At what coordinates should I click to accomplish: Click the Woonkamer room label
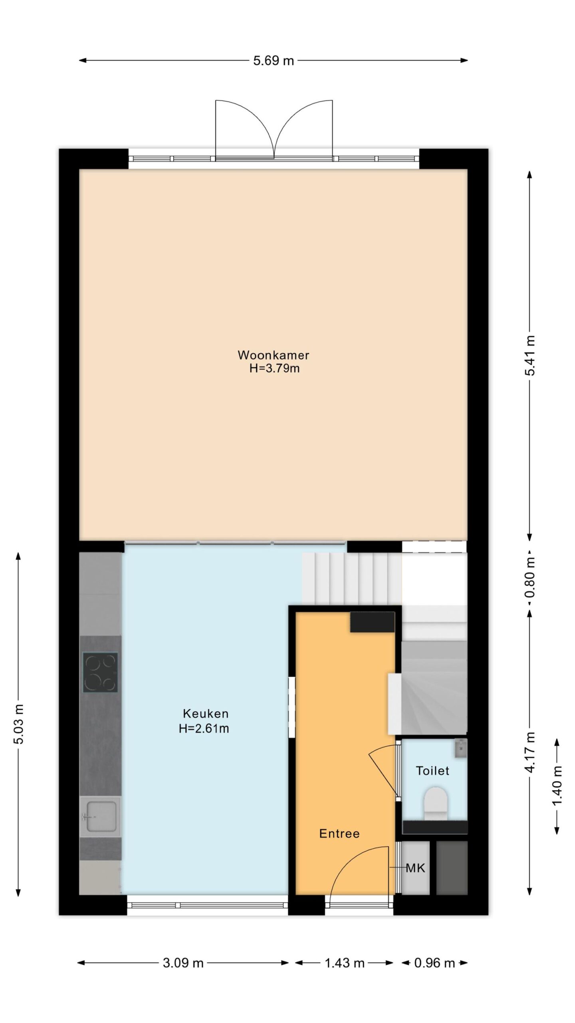click(274, 355)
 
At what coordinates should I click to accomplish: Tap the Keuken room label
click(206, 713)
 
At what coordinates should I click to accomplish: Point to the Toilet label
click(432, 770)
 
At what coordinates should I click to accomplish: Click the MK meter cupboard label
click(415, 868)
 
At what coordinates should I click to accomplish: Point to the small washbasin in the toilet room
click(460, 748)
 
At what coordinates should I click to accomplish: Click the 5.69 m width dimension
click(274, 61)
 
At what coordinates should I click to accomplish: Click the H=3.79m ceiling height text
click(274, 368)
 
